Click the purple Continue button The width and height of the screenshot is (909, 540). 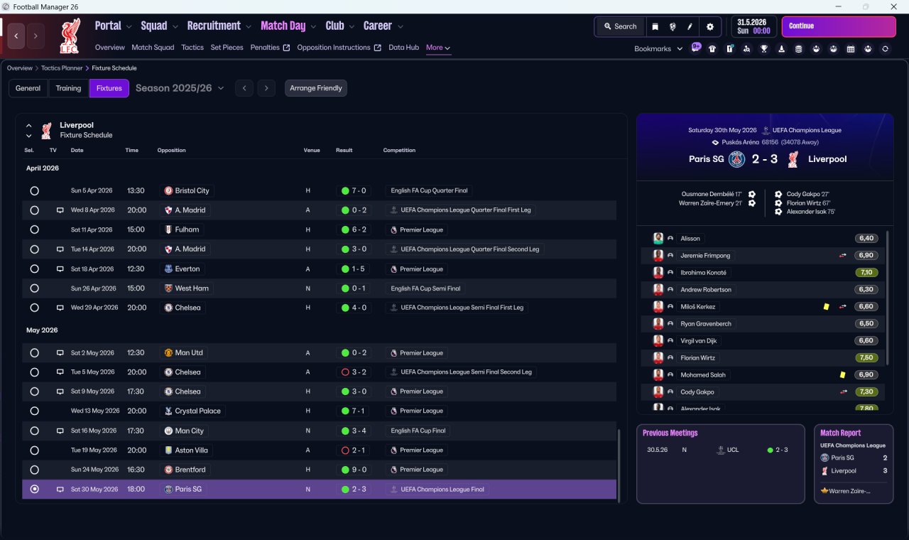[839, 26]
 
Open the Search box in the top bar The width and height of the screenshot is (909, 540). [620, 26]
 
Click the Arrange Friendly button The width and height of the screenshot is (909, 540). [316, 88]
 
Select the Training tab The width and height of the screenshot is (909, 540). [68, 88]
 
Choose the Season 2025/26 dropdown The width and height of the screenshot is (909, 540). [180, 88]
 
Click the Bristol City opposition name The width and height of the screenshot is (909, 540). [192, 190]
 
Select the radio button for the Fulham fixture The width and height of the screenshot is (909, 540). [35, 229]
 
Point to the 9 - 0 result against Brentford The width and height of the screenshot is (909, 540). [359, 470]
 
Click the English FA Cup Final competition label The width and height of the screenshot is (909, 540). [418, 431]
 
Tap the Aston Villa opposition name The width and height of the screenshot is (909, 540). [191, 450]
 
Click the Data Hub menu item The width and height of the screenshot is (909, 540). [403, 48]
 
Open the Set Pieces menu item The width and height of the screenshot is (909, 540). [227, 48]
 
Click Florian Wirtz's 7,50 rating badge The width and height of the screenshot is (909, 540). [866, 357]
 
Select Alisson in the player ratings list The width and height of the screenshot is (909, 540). [690, 238]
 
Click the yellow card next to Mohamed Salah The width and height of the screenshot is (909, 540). [842, 374]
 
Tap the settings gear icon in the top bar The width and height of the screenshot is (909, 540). [709, 27]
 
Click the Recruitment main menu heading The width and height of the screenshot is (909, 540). [214, 26]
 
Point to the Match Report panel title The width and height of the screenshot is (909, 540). [840, 433]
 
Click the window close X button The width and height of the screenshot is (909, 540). [893, 6]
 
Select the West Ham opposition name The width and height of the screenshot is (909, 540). [192, 288]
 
